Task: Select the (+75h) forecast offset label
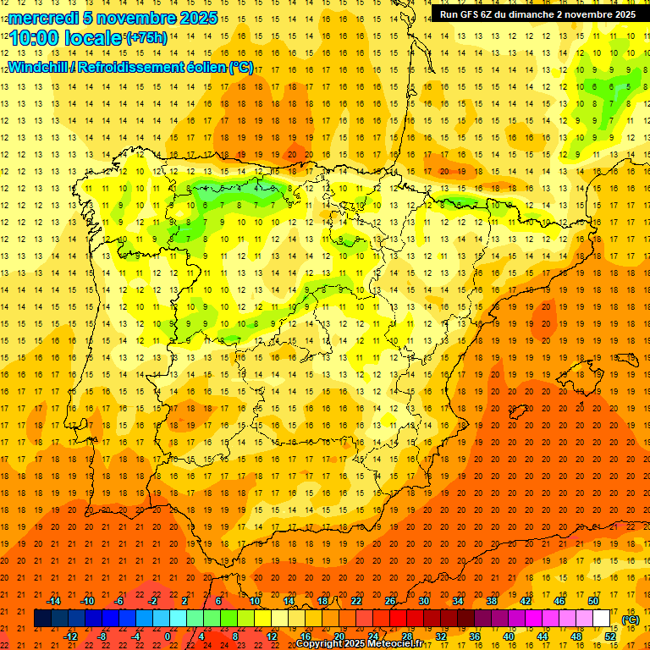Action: point(146,38)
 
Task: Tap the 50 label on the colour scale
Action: point(593,601)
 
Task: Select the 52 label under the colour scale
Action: point(610,636)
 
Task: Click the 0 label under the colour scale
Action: point(168,636)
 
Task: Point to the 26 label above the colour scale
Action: point(390,601)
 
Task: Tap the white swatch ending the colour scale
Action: point(602,619)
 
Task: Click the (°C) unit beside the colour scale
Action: point(631,620)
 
